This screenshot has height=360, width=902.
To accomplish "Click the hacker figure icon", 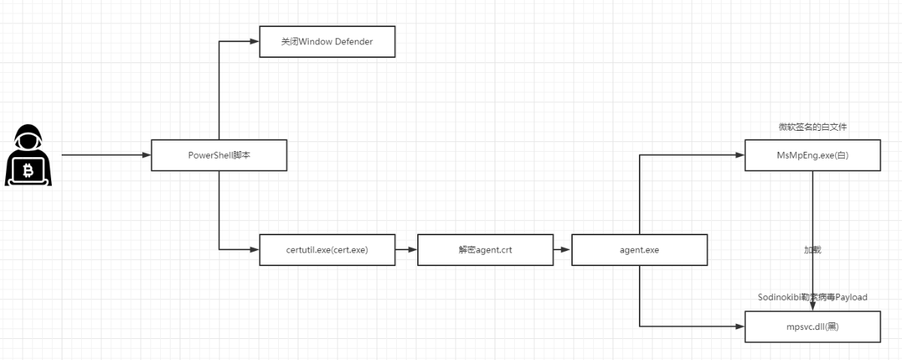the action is [29, 155].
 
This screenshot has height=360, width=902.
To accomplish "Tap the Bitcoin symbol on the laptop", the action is [29, 171].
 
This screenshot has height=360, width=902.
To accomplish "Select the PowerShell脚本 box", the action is [219, 156].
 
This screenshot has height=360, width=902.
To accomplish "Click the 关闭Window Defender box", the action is [328, 42].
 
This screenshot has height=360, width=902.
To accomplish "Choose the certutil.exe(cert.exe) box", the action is [328, 250].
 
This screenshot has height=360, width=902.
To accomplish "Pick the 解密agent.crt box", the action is [486, 250].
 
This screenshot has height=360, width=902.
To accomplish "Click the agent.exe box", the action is [640, 250].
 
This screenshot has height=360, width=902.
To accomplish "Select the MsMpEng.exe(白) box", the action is [813, 156].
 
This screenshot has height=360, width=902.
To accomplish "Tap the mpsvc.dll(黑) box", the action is [813, 327].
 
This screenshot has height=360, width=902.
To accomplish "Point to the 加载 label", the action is [813, 250].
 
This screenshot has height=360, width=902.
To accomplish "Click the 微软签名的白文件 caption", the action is [813, 127].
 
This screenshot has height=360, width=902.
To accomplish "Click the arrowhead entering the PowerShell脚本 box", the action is [147, 155].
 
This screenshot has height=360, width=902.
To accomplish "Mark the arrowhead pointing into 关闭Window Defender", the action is [255, 41].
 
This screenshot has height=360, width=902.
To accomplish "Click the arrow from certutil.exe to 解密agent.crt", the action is [407, 250].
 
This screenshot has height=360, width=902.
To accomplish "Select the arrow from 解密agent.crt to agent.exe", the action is [562, 250].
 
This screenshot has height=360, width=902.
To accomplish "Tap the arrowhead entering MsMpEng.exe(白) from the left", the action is [740, 155].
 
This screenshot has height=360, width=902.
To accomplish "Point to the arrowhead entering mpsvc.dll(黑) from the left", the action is [740, 327].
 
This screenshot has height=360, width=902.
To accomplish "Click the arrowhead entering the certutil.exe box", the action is [255, 250].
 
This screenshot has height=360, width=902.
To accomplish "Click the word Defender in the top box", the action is [354, 42].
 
